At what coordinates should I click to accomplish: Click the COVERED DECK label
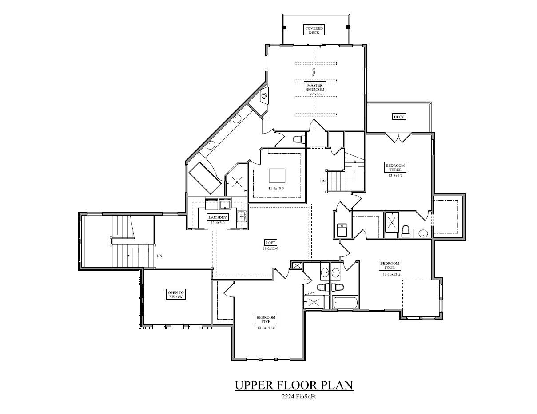(314, 30)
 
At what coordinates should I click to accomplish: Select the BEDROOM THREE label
(395, 167)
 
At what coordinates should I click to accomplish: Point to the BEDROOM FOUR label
(390, 265)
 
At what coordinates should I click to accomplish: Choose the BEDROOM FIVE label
(266, 319)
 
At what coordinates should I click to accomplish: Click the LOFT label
(270, 243)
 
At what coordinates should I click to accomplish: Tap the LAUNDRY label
(218, 217)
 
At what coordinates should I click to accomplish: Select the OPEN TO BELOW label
(175, 294)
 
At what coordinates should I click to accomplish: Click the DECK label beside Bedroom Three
(398, 117)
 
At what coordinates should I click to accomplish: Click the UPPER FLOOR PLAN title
(294, 385)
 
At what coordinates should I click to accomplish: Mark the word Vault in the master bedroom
(314, 71)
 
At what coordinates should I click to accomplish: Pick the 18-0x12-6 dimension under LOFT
(270, 248)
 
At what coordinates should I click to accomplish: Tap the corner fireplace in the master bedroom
(264, 95)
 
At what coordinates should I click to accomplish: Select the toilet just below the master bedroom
(298, 139)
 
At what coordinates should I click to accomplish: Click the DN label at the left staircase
(159, 256)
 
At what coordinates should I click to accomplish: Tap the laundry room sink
(241, 216)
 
